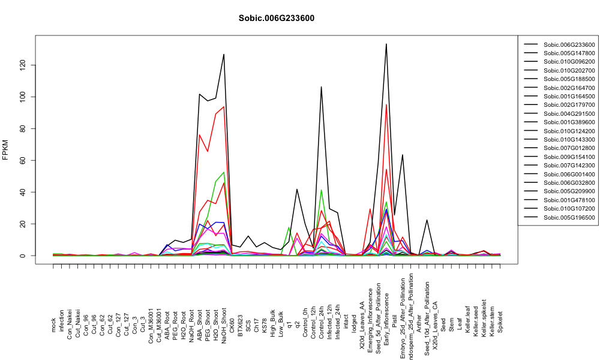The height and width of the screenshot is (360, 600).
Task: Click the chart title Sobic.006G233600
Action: (x=276, y=19)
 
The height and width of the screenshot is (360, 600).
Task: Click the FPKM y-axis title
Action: (x=5, y=149)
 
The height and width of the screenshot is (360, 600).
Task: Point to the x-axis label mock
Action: (x=53, y=326)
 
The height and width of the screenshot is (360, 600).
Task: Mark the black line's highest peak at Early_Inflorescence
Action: (x=386, y=44)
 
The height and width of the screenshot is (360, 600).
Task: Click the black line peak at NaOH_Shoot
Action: (x=224, y=55)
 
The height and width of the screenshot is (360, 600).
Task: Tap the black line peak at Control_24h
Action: (x=322, y=87)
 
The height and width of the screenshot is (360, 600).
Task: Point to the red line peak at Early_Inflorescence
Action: (x=386, y=104)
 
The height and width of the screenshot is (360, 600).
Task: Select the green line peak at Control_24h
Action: (x=322, y=190)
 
